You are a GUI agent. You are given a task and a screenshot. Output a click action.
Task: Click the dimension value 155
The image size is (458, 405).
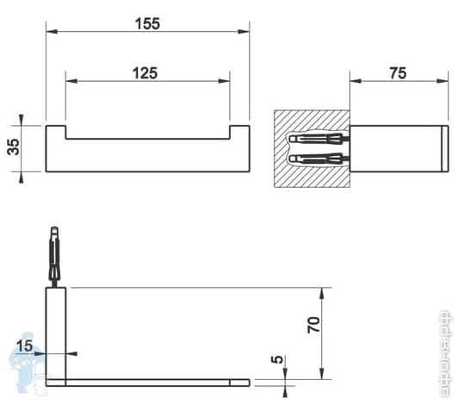pyautogui.click(x=147, y=24)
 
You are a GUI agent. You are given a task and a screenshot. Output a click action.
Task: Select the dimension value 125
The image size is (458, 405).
pyautogui.click(x=145, y=73)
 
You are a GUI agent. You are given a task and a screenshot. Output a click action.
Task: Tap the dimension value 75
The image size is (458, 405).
pyautogui.click(x=398, y=73)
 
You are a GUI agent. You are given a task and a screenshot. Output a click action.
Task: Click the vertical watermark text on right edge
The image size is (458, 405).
pyautogui.click(x=447, y=348)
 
